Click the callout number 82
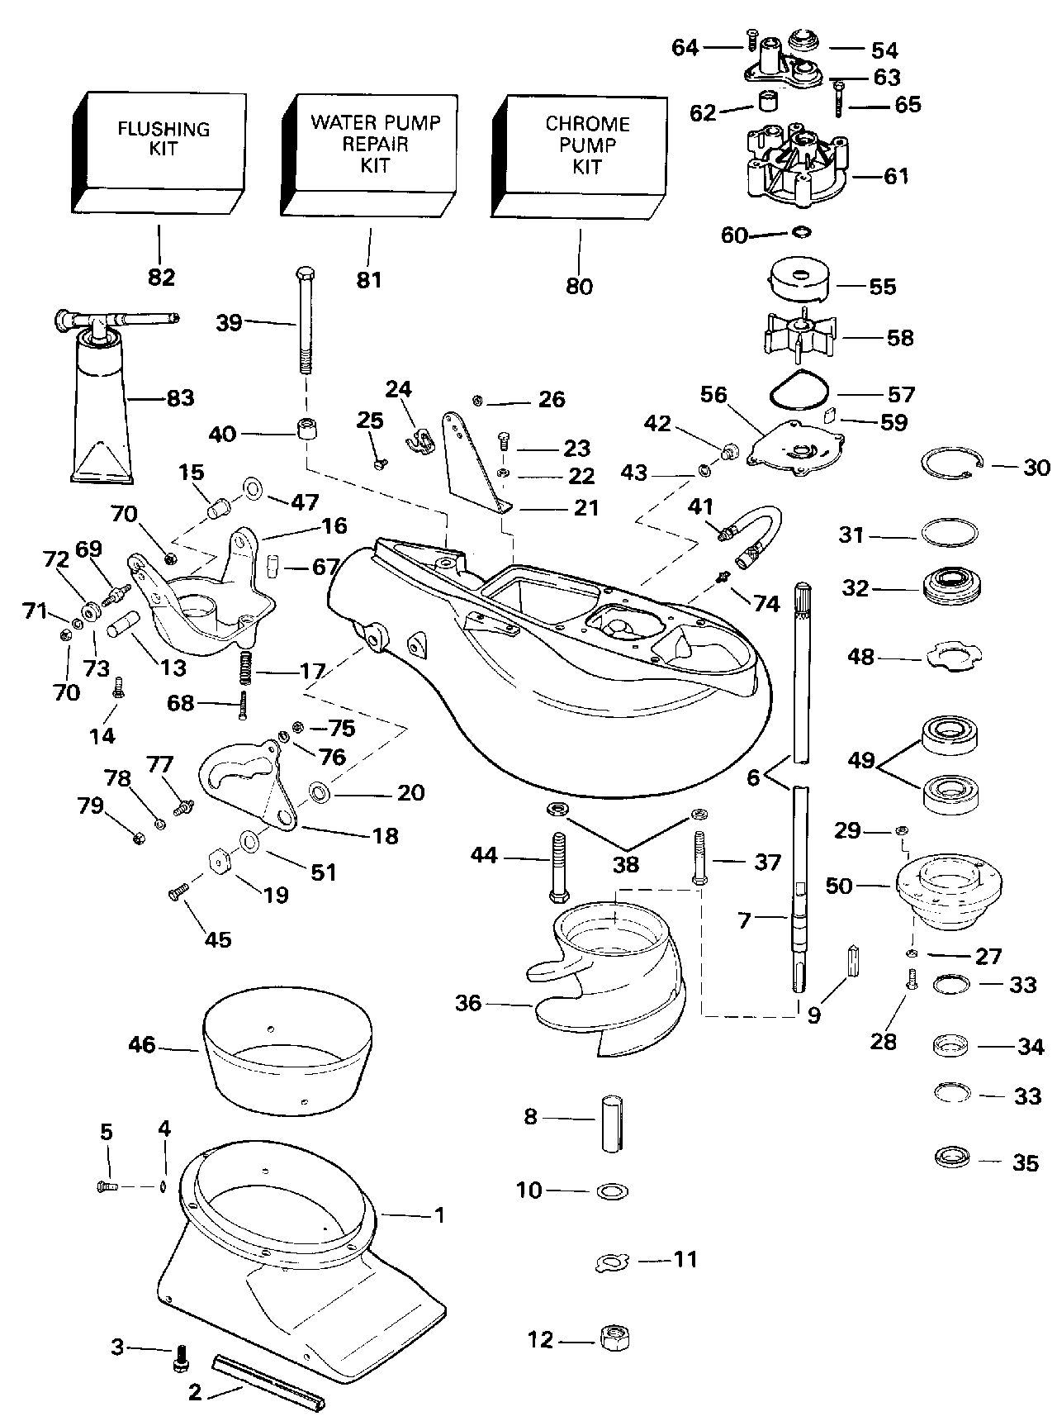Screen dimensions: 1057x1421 pyautogui.click(x=162, y=278)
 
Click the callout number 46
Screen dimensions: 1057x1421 pyautogui.click(x=142, y=1045)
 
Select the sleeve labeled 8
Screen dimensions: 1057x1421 pyautogui.click(x=610, y=1123)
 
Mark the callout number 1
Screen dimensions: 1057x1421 pyautogui.click(x=439, y=1215)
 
